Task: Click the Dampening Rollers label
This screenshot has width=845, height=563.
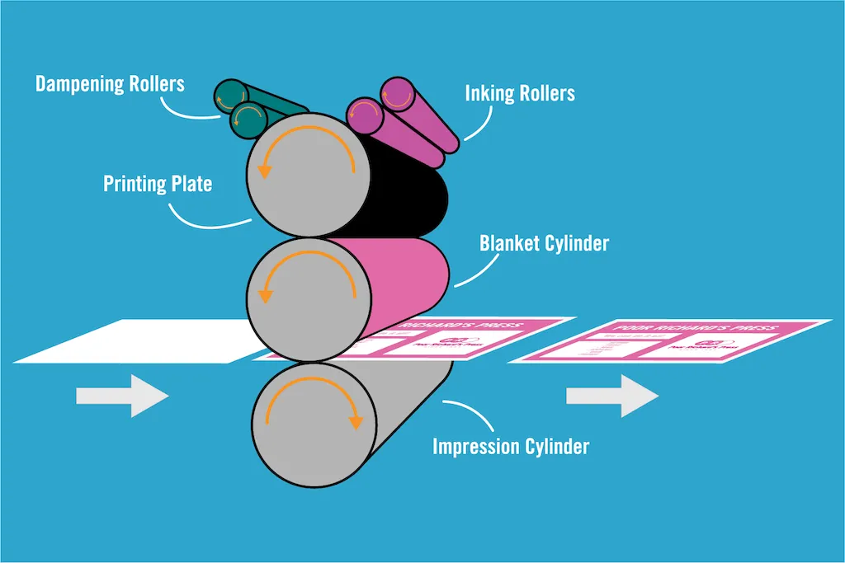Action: [x=109, y=84]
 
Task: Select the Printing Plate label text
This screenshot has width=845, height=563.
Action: [x=157, y=183]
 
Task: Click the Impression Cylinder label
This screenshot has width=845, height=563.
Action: [x=511, y=447]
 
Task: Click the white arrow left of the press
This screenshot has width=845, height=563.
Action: [x=122, y=396]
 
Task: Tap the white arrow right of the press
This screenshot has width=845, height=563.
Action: [x=611, y=396]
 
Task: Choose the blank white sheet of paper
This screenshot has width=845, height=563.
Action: [x=132, y=342]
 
